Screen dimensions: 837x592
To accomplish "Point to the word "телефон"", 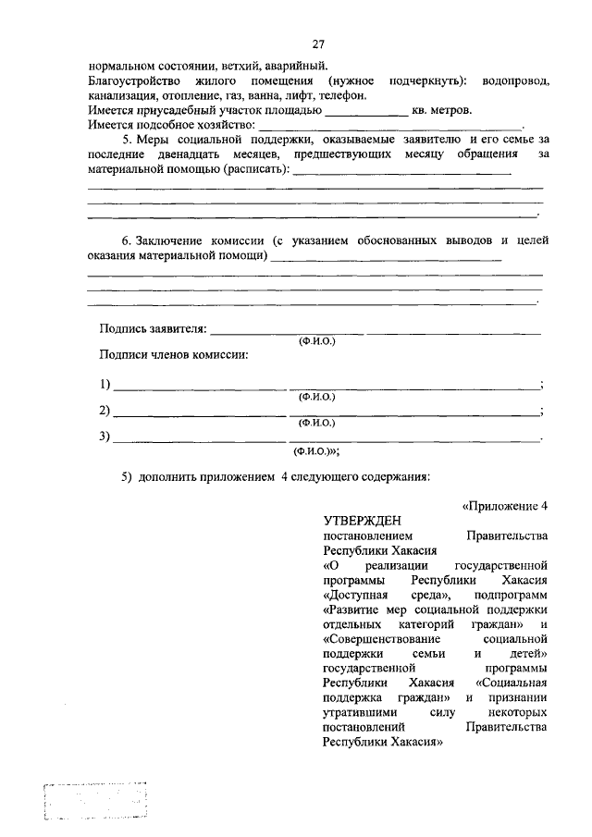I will (x=345, y=94).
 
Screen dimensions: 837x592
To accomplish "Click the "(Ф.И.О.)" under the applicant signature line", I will (x=314, y=341).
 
